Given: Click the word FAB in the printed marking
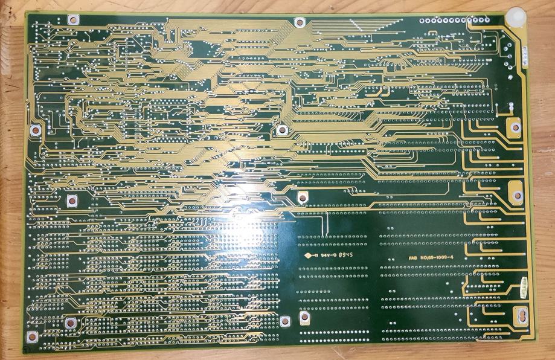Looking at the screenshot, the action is coord(413,258).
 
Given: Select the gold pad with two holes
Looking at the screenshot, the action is coord(518,315).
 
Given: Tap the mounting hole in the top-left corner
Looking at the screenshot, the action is coord(73,19).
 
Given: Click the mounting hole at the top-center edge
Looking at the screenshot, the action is coord(299,22).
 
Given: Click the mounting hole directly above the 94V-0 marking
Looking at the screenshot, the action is coord(302,195).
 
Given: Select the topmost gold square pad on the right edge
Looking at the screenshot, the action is coord(513,127).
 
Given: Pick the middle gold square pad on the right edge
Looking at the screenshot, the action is coord(516,194).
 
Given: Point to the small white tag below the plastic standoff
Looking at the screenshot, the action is coord(525,56).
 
